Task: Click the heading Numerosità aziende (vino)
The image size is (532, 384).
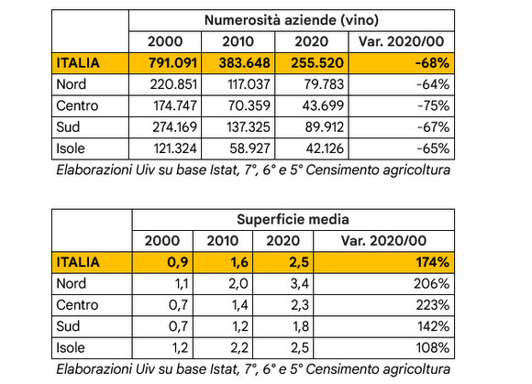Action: point(292,20)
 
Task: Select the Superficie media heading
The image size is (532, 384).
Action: point(293,220)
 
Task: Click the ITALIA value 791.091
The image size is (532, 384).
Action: point(172,63)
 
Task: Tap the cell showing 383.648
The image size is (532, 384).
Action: point(245,63)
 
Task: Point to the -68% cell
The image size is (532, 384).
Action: point(432,63)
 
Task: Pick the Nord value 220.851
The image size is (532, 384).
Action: point(173,84)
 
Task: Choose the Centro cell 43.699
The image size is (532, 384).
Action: point(323,105)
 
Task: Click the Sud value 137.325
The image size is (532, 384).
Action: point(249,127)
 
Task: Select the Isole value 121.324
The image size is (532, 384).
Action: point(175,148)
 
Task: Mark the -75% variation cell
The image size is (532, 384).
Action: point(434,105)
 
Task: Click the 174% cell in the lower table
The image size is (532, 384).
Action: point(433,262)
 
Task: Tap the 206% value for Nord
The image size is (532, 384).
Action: point(432,284)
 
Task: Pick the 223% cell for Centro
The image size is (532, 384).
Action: point(433,305)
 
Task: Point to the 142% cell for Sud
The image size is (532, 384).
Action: point(434,326)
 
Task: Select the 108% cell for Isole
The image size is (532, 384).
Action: point(433,347)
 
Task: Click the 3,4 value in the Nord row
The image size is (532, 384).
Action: point(300,284)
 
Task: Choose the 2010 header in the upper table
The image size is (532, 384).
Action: point(238,41)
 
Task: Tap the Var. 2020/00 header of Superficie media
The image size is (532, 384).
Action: point(383,241)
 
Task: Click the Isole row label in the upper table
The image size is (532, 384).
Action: point(71,148)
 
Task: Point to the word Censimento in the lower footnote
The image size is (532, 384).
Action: point(342,369)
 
